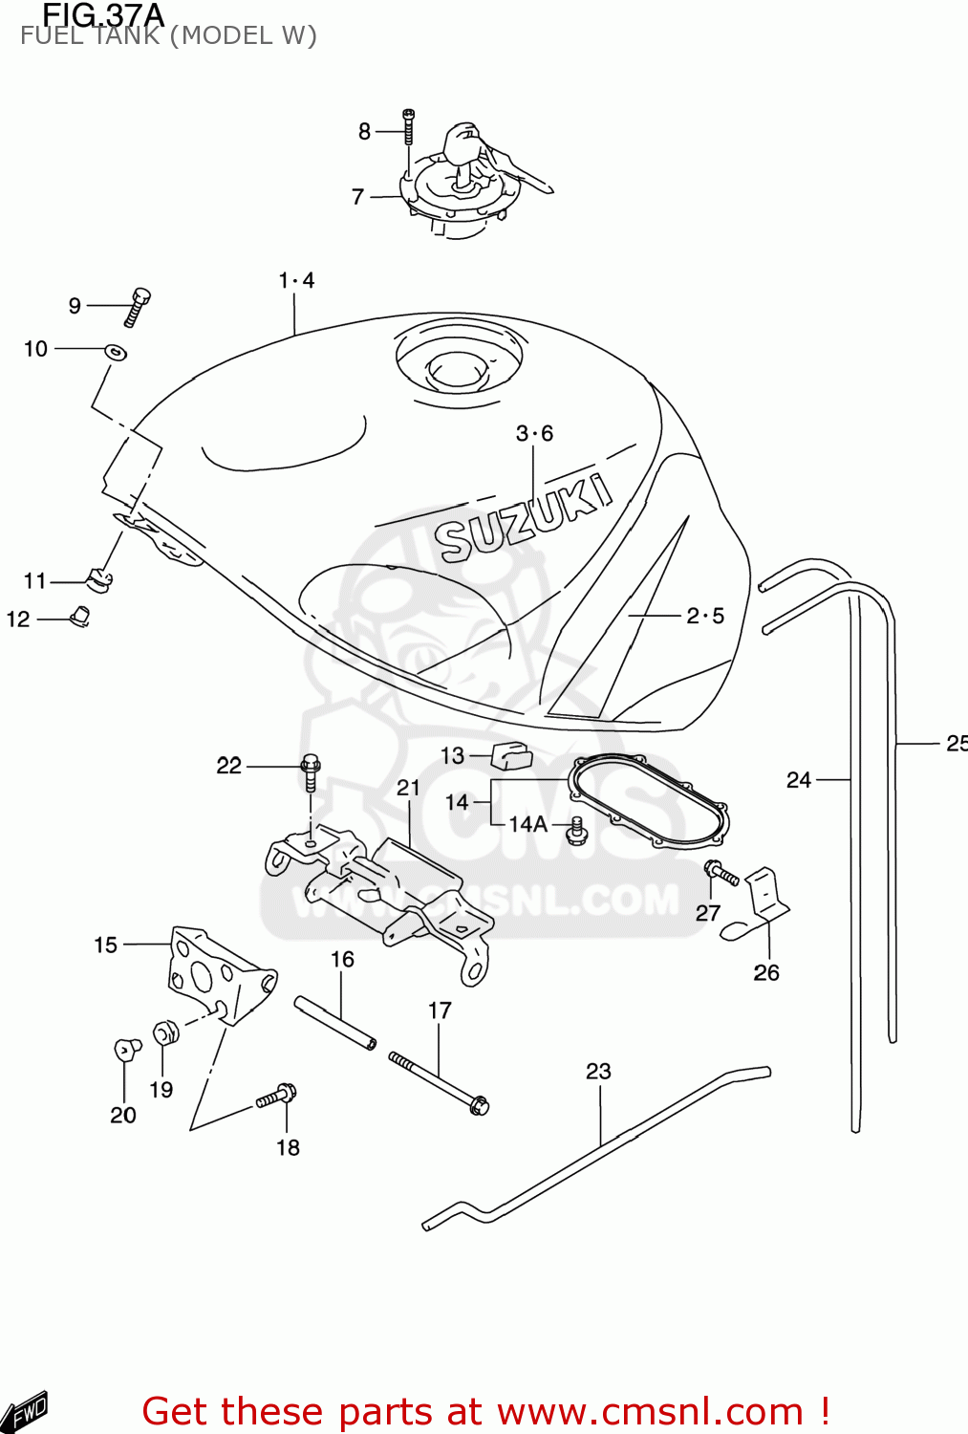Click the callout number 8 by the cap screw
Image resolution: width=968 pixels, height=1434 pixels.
pyautogui.click(x=364, y=132)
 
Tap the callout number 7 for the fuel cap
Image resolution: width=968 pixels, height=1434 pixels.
pyautogui.click(x=357, y=197)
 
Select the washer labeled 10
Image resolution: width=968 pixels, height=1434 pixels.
pyautogui.click(x=116, y=352)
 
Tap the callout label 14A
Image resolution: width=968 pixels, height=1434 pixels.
pyautogui.click(x=527, y=824)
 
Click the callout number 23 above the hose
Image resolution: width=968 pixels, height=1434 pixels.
pyautogui.click(x=598, y=1071)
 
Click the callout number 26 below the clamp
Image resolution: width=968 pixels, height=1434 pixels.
pyautogui.click(x=766, y=972)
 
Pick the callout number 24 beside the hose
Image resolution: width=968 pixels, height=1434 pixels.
pyautogui.click(x=799, y=780)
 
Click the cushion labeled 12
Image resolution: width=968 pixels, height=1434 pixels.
pyautogui.click(x=80, y=616)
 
